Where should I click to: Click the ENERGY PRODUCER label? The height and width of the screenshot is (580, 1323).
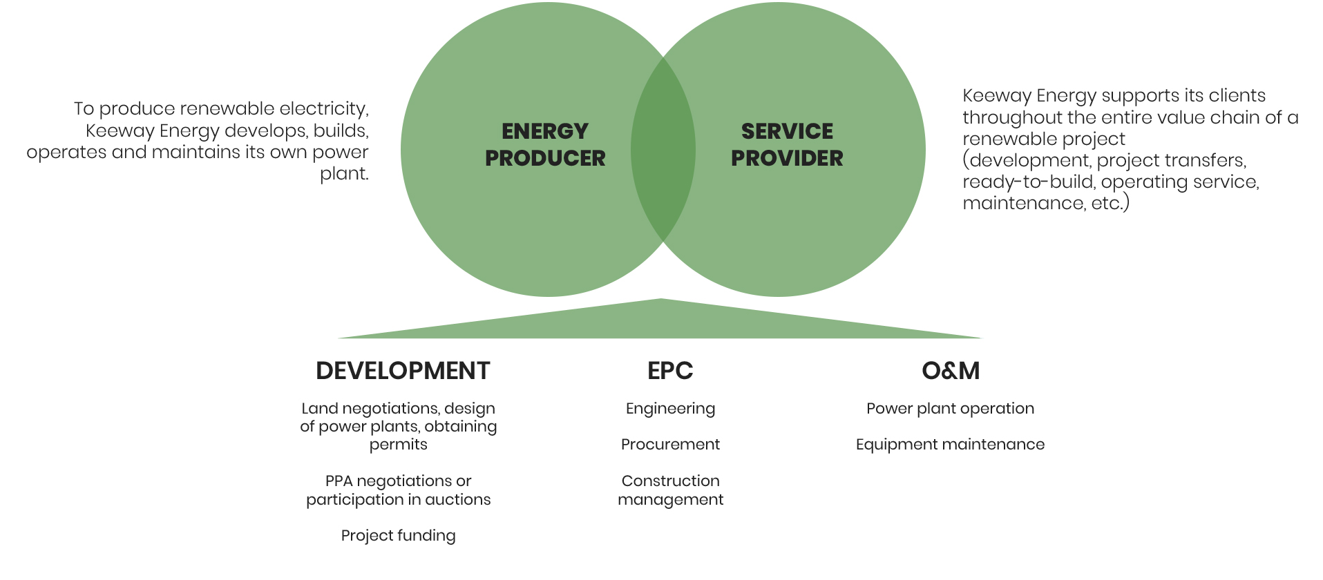(x=545, y=144)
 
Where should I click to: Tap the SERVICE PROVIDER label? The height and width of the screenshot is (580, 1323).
(x=787, y=144)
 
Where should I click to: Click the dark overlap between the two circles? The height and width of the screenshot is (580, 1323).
(x=663, y=149)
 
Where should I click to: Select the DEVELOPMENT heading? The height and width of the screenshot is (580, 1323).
(x=403, y=371)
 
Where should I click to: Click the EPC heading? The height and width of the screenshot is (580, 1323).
(x=670, y=371)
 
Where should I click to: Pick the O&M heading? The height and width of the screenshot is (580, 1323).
(x=951, y=371)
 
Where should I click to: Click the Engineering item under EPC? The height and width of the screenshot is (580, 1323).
(x=670, y=409)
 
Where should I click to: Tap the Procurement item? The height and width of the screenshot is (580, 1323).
(x=670, y=445)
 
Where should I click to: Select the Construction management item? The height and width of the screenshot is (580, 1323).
(x=670, y=490)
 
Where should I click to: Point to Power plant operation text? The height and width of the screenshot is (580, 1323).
(x=950, y=409)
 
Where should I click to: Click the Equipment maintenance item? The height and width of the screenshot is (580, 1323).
(x=950, y=445)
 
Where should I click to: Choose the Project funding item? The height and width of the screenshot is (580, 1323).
(x=399, y=536)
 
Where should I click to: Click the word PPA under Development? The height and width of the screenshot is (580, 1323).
(x=339, y=481)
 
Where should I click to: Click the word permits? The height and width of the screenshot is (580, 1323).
(x=399, y=445)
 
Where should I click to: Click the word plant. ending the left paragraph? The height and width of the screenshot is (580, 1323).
(x=344, y=174)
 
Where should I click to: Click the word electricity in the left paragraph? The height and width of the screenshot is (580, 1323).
(x=327, y=109)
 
